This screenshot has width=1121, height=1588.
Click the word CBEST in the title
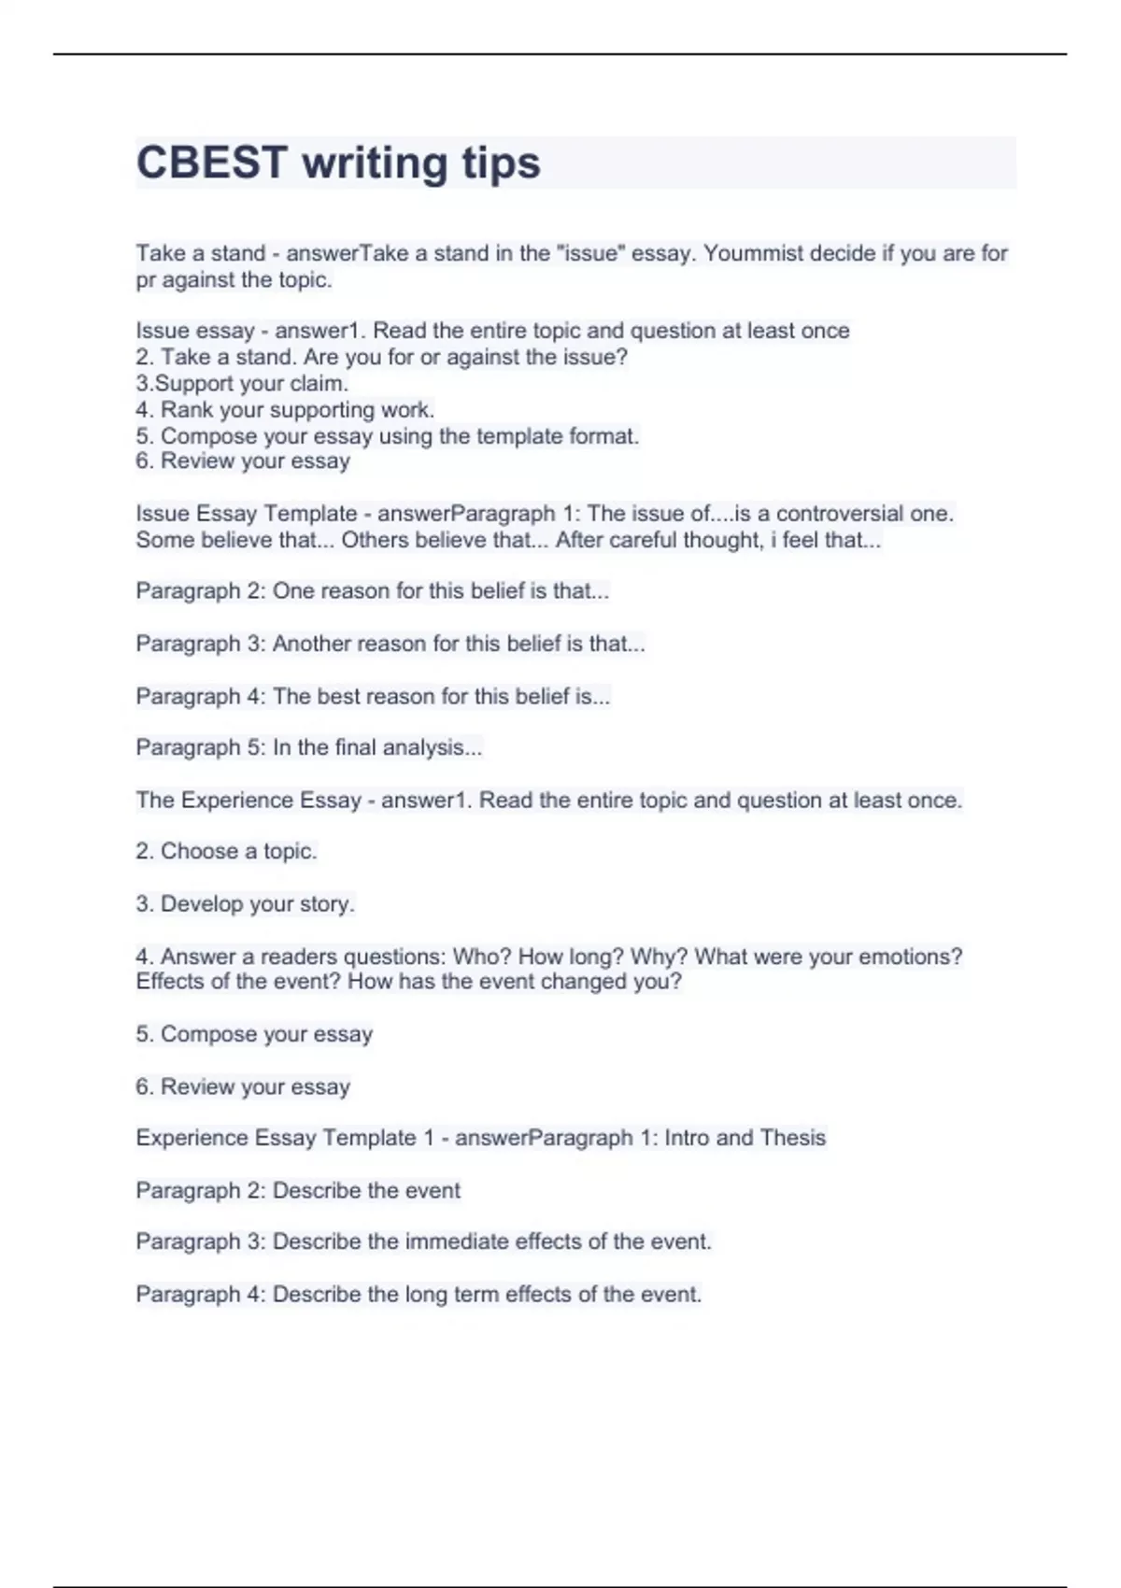pos(211,163)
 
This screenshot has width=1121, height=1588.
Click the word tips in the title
pos(501,163)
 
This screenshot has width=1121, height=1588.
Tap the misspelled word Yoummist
pos(753,253)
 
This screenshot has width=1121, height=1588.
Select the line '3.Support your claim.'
pos(242,383)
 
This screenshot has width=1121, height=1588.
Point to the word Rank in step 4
pos(186,409)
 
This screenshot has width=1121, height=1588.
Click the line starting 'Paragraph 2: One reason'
pos(372,591)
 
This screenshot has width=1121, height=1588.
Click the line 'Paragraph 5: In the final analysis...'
pos(308,747)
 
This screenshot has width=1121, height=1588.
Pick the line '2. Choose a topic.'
pos(226,851)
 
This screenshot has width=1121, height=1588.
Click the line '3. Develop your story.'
pos(245,904)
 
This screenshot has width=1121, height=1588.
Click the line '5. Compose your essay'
pos(254,1034)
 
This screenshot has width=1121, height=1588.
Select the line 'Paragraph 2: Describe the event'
pos(298,1190)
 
